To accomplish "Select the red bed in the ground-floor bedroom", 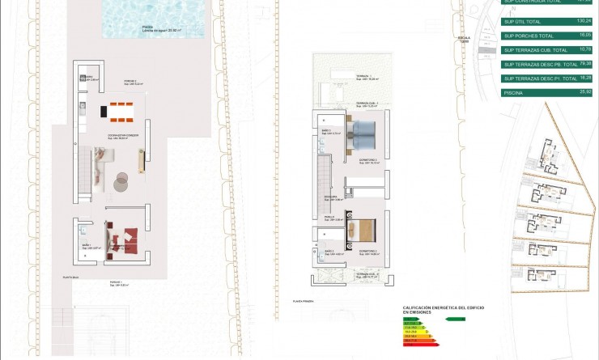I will pyautogui.click(x=126, y=239).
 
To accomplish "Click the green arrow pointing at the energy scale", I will pyautogui.click(x=457, y=319).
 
